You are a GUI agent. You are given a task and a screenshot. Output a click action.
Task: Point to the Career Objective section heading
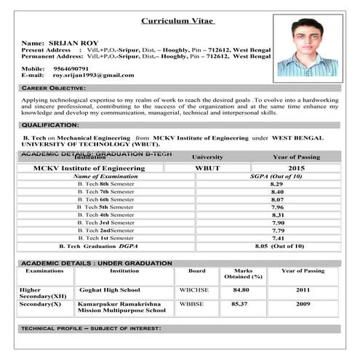53,88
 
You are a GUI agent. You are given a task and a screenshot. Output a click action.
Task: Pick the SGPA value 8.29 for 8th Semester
276,184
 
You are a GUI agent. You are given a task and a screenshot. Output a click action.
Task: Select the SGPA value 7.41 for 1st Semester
276,238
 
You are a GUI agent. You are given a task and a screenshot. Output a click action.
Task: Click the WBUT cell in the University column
207,168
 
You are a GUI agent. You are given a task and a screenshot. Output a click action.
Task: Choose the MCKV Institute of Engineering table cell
89,168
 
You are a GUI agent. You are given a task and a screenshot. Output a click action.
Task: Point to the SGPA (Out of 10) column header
276,176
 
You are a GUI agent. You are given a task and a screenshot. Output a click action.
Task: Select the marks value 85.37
240,303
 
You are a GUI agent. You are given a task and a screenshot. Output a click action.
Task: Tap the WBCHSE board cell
194,289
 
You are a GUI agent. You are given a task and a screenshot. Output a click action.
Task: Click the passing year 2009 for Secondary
303,303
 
